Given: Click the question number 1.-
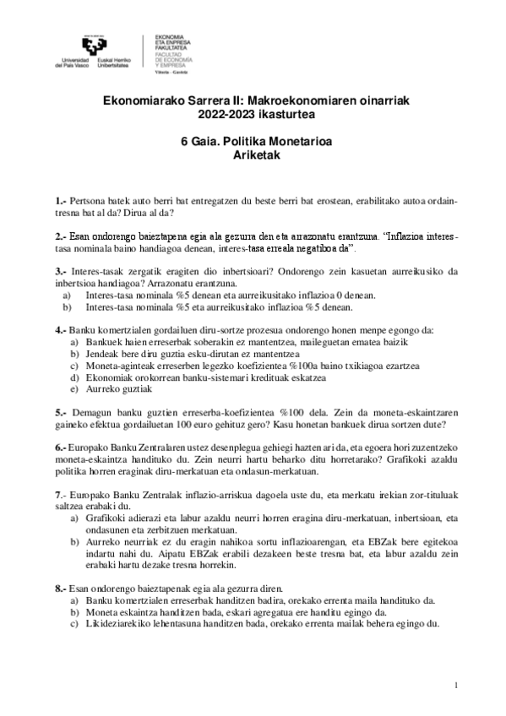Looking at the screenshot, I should coord(61,203).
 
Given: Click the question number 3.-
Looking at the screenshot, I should coord(61,272).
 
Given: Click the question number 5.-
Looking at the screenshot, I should coord(61,413).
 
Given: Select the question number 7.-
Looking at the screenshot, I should coord(61,494).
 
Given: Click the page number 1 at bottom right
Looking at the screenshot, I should coord(456,684).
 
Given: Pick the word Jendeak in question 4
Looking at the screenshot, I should coord(101,354).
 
